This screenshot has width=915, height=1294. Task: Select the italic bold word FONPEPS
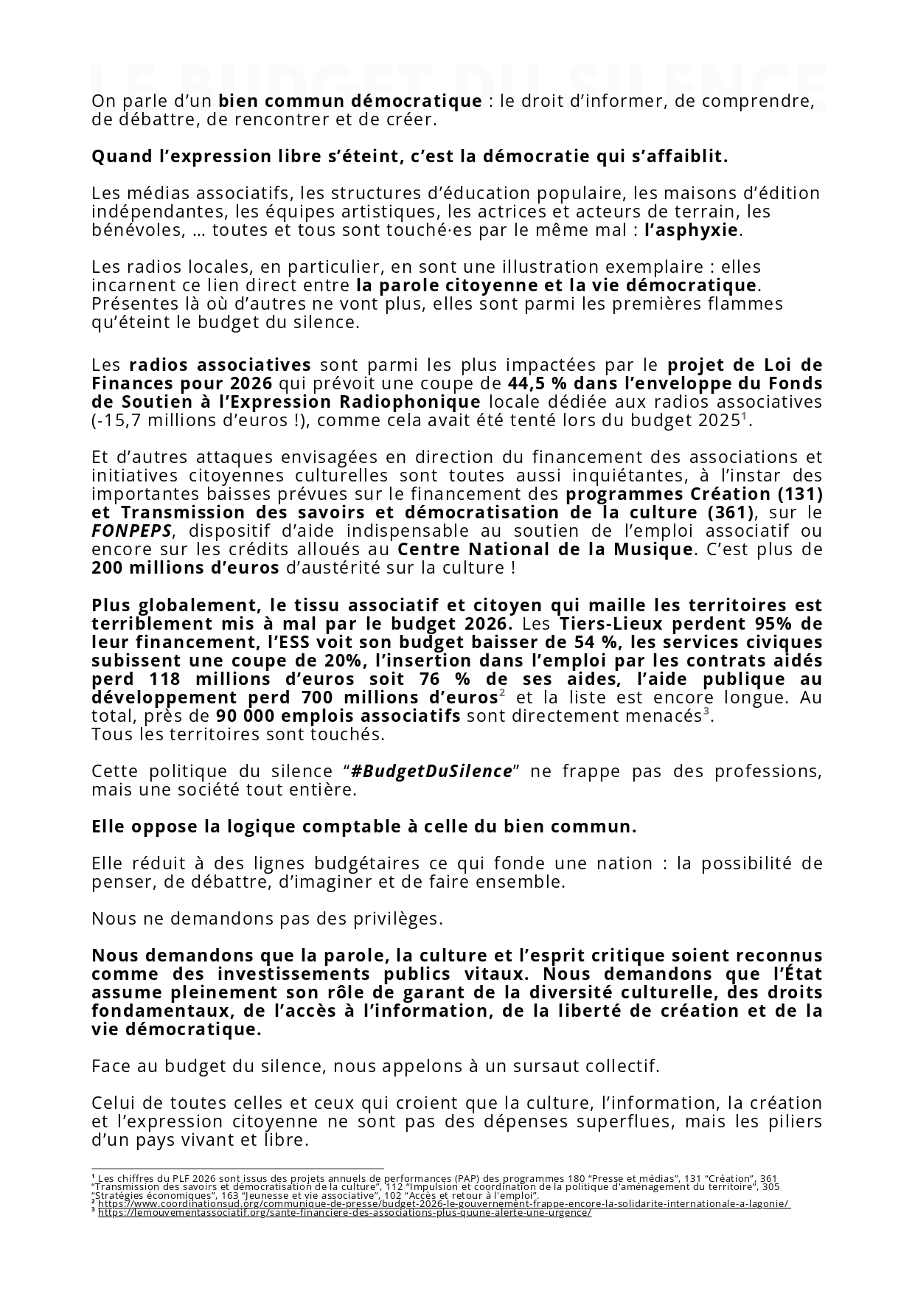click(132, 531)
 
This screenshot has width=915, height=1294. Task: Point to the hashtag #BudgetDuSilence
click(431, 771)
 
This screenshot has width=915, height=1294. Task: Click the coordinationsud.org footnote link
click(443, 1204)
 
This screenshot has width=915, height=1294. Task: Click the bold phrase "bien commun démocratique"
click(350, 101)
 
